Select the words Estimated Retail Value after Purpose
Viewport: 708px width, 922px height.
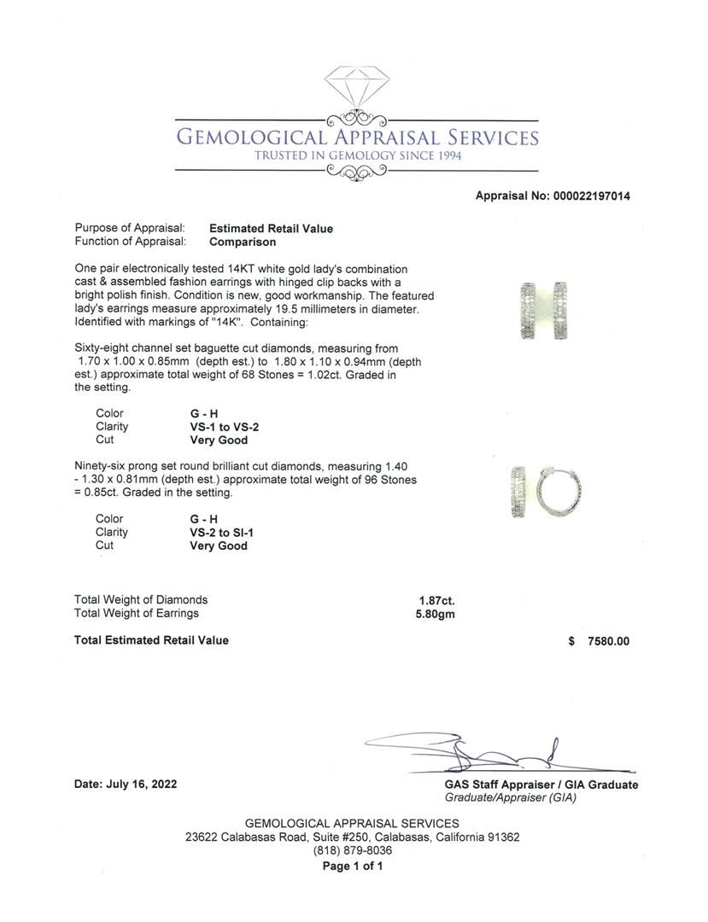click(x=271, y=229)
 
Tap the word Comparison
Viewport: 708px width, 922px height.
click(x=243, y=242)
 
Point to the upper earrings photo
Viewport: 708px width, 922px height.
click(x=544, y=311)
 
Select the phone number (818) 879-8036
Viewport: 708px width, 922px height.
click(x=352, y=850)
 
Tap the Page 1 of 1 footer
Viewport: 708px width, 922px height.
click(x=352, y=866)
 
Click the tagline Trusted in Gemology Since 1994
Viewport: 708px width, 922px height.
click(x=357, y=156)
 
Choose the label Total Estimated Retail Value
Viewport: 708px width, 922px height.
click(x=151, y=640)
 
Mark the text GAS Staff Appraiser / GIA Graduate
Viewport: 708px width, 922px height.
click(x=541, y=785)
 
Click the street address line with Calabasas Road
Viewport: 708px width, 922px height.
click(x=352, y=837)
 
